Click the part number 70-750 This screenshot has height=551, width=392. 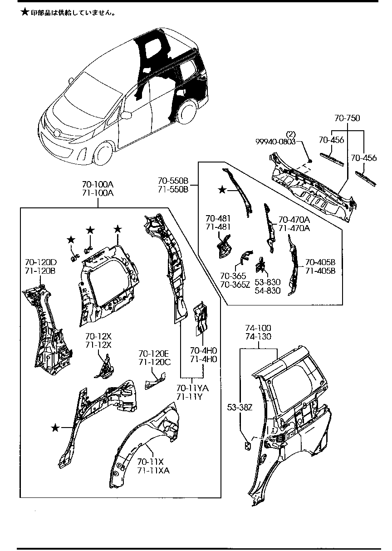click(347, 118)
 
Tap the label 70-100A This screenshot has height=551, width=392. click(98, 185)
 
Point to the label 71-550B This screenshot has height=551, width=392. click(173, 190)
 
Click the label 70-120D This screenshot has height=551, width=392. click(40, 263)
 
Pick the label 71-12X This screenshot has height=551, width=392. click(98, 345)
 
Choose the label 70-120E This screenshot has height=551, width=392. click(154, 354)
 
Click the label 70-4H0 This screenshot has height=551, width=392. click(203, 350)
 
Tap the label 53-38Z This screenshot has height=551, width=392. click(239, 407)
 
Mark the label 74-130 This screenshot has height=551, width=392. click(258, 336)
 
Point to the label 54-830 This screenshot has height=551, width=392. click(267, 291)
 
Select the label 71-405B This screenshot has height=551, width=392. click(320, 271)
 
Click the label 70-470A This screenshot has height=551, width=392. click(294, 220)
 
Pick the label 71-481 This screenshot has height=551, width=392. click(219, 226)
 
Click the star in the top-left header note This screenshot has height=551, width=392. click(25, 13)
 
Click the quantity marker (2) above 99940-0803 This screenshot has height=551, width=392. click(290, 134)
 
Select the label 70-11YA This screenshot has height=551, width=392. click(192, 388)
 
